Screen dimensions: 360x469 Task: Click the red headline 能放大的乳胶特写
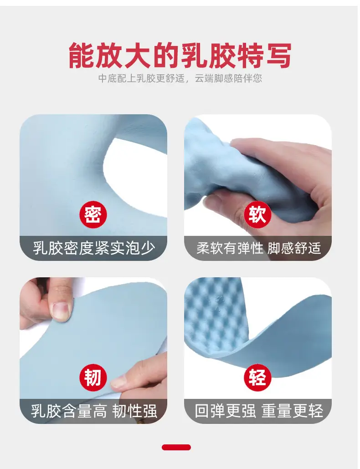click(180, 56)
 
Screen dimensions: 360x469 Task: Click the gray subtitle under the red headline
click(180, 78)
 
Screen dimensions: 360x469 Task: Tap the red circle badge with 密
click(93, 215)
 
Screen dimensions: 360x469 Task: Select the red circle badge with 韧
click(93, 377)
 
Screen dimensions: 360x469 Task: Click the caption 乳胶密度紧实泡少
click(94, 248)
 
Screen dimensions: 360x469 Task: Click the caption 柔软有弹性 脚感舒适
click(258, 248)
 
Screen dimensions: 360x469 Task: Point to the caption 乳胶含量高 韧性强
click(94, 411)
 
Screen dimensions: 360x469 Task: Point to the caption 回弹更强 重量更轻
click(259, 411)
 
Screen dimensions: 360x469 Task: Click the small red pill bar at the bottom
click(176, 447)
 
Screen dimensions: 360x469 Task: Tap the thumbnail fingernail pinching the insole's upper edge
click(61, 310)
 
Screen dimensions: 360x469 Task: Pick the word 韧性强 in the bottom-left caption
click(135, 411)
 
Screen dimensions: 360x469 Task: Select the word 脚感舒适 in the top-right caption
click(294, 248)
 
